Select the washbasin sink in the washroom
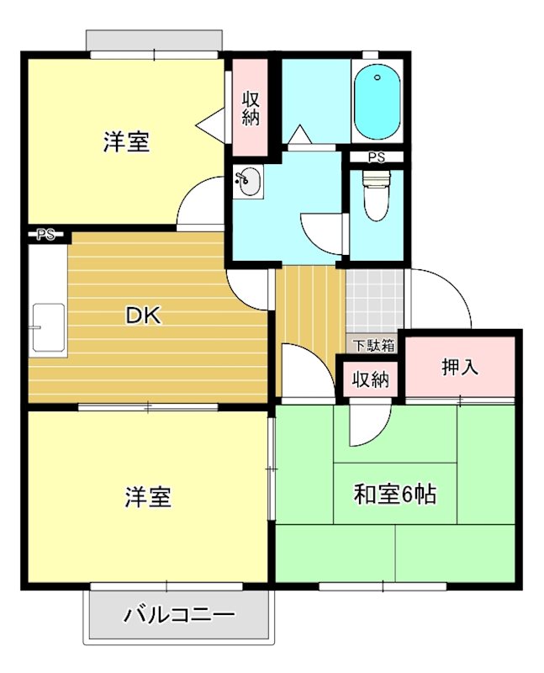(x=247, y=181)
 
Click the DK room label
(x=143, y=316)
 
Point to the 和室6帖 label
(x=394, y=495)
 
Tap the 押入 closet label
(x=459, y=368)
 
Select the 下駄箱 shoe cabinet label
(x=373, y=344)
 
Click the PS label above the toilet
(x=376, y=156)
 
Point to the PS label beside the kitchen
(x=45, y=236)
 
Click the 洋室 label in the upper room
(x=127, y=142)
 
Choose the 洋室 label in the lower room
(x=148, y=497)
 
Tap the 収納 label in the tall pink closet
(x=250, y=107)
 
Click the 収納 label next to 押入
(x=370, y=379)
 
